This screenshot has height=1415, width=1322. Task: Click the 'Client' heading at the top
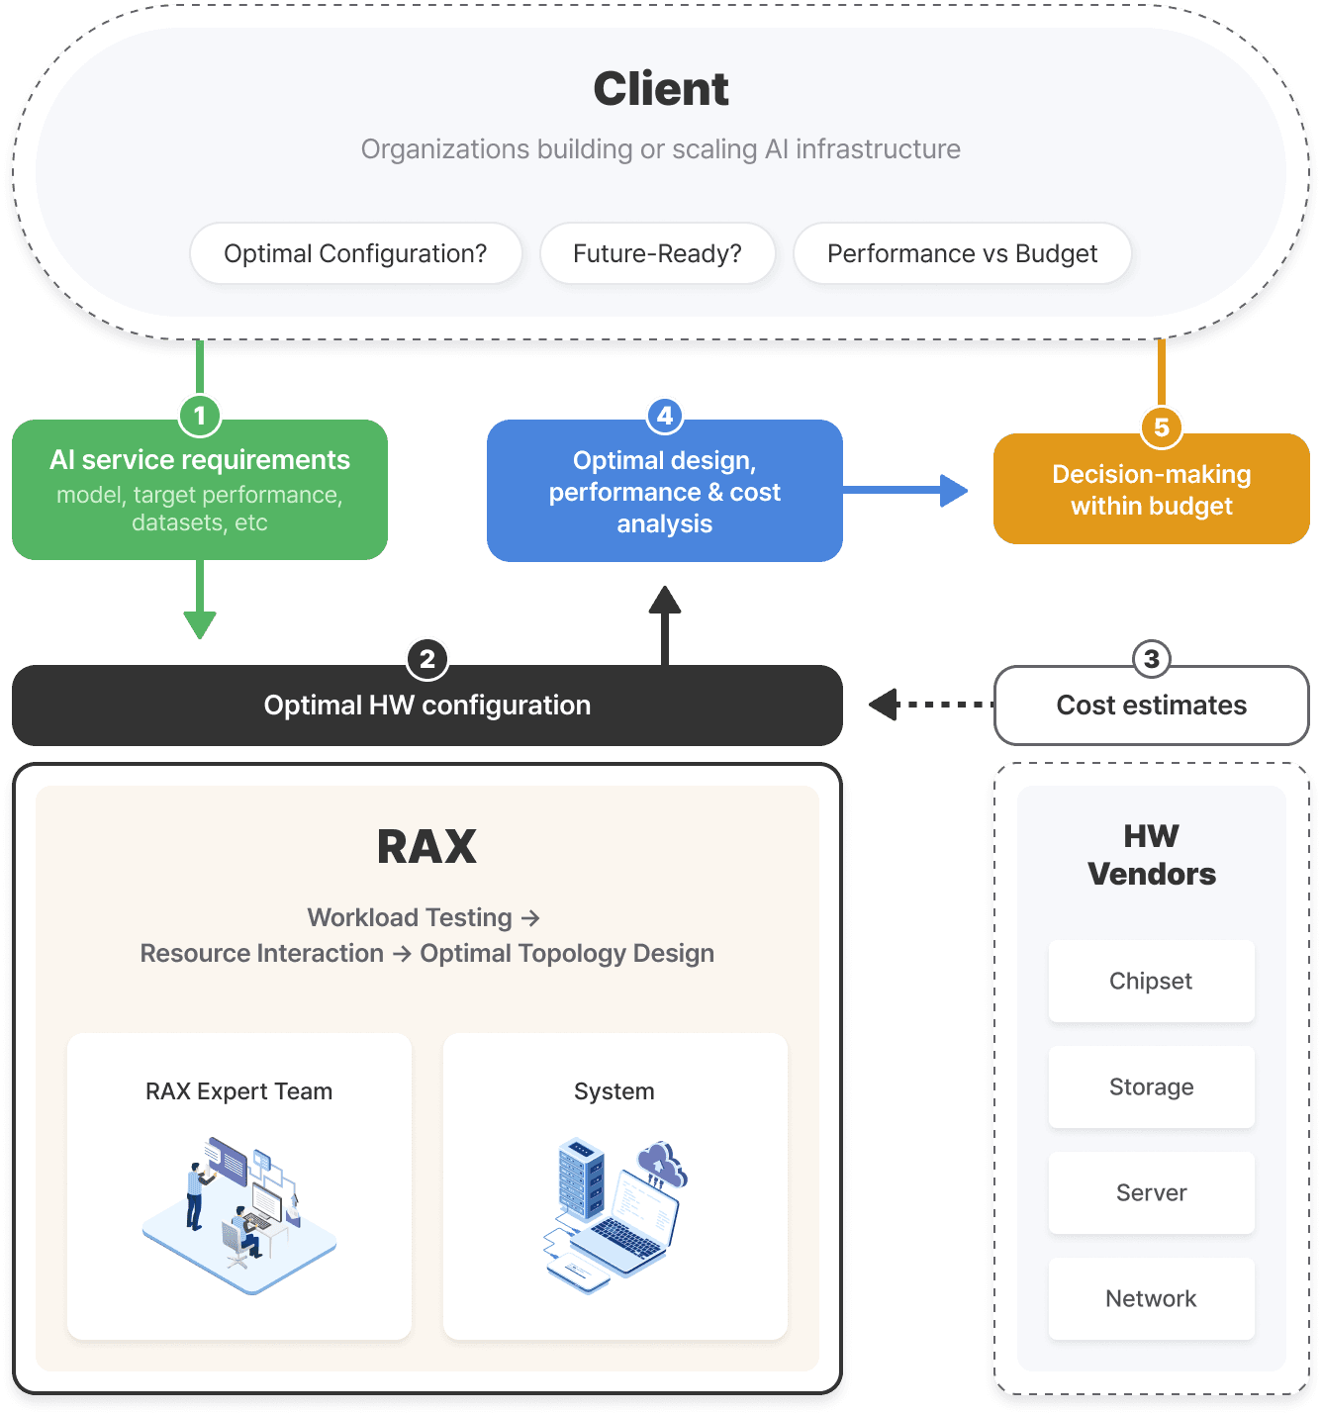tap(661, 89)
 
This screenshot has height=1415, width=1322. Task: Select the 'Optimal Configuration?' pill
tap(355, 254)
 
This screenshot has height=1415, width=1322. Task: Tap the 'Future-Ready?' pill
tap(657, 254)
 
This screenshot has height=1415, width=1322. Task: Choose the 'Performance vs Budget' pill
tap(962, 254)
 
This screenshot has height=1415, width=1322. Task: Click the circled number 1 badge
tap(200, 416)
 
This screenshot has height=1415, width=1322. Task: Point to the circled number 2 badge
tap(427, 659)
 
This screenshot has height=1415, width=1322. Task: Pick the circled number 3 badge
tap(1151, 659)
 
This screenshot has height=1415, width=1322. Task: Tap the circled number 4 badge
tap(665, 416)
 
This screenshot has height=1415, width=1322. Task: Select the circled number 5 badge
tap(1162, 427)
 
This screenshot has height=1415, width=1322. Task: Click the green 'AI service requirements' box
tap(200, 491)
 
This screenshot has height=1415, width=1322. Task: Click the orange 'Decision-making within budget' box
tap(1152, 491)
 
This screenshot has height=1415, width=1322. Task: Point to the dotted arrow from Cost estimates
tap(930, 705)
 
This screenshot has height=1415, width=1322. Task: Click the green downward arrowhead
tap(200, 624)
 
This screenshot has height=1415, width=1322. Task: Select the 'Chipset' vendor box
tap(1151, 981)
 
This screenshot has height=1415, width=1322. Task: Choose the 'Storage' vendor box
tap(1151, 1086)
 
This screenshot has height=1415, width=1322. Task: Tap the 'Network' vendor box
tap(1151, 1298)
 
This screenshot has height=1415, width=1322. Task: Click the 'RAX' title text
tap(427, 847)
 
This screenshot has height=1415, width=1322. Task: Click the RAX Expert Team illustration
tap(238, 1215)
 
